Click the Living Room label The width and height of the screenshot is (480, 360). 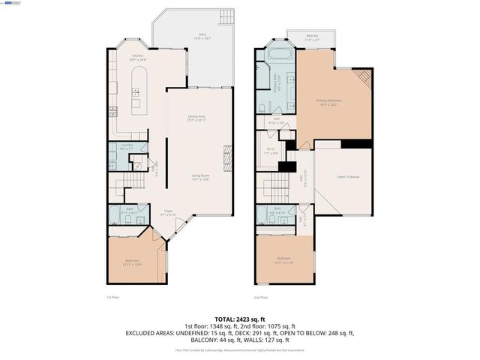(199, 178)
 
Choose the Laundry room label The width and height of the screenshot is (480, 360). (126, 148)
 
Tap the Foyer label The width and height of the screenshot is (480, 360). (169, 212)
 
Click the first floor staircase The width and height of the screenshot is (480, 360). (130, 184)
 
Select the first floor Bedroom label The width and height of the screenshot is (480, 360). (132, 262)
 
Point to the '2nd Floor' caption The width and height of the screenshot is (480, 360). (260, 297)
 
